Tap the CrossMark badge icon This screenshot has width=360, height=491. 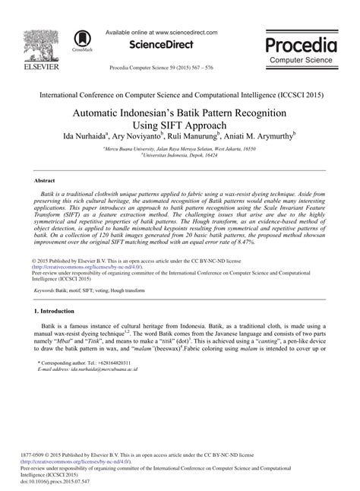[x=78, y=40]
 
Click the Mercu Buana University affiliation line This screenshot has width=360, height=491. [x=180, y=151]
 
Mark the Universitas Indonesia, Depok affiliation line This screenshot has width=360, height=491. [x=180, y=158]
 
